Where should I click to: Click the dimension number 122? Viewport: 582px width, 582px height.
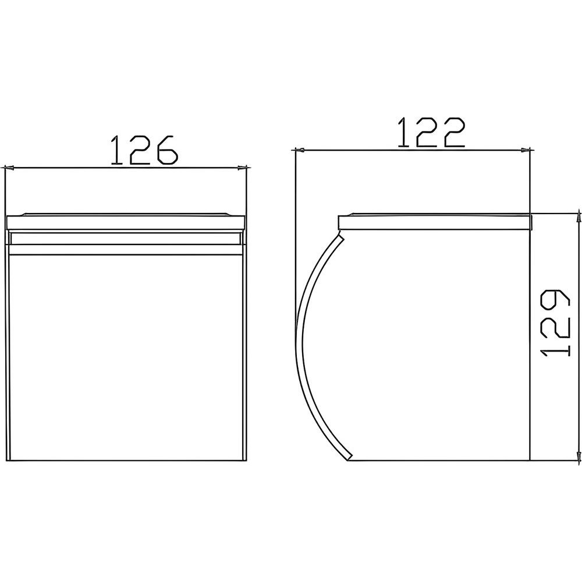pyautogui.click(x=432, y=133)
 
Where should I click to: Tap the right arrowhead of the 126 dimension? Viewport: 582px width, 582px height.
pyautogui.click(x=242, y=168)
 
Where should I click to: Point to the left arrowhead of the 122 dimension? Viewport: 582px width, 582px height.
pyautogui.click(x=299, y=150)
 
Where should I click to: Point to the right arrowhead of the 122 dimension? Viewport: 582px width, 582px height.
pyautogui.click(x=525, y=150)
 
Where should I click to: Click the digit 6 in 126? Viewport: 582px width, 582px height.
pyautogui.click(x=168, y=150)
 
